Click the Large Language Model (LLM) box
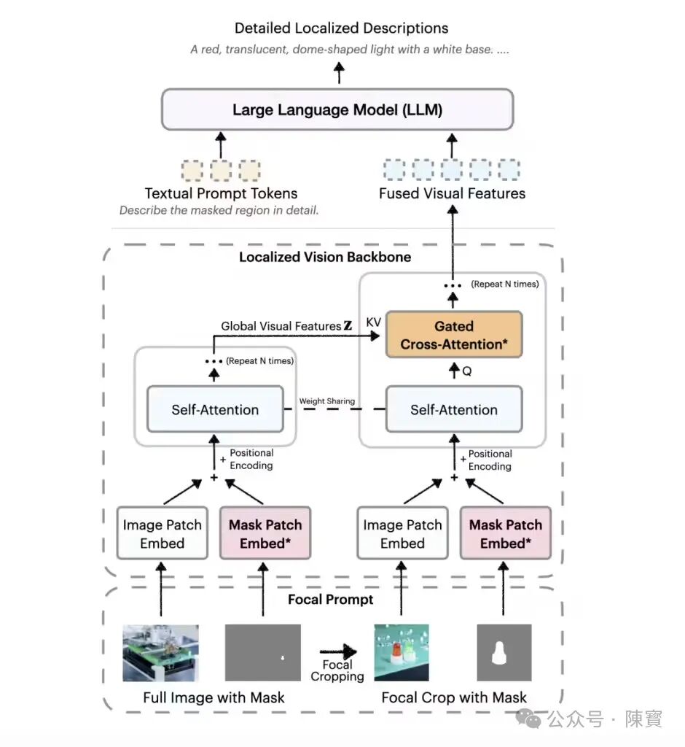point(337,109)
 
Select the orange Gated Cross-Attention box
point(454,334)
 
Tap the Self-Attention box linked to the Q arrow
point(454,409)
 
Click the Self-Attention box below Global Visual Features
point(215,409)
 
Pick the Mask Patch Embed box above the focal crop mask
point(506,533)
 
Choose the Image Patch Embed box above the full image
point(163,533)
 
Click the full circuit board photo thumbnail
point(161,653)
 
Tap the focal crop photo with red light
point(402,653)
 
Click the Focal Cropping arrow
point(338,651)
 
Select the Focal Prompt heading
point(330,599)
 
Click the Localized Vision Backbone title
point(325,257)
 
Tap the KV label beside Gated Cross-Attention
point(374,322)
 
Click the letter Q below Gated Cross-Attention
point(467,371)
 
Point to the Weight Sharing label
point(327,401)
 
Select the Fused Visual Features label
point(453,193)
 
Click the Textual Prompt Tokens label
point(221,193)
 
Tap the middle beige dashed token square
point(221,170)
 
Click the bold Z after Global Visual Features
point(348,325)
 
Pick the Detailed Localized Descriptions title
point(341,28)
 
